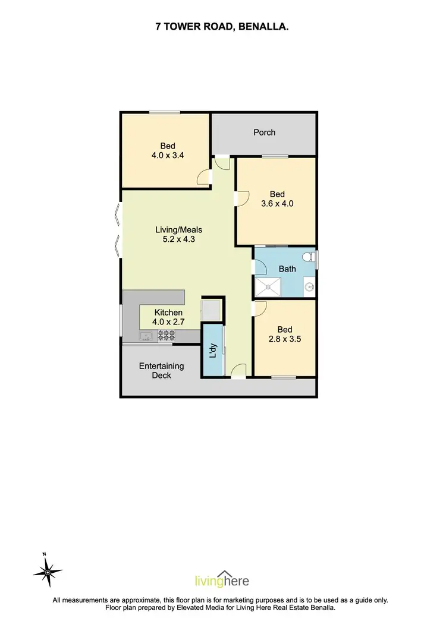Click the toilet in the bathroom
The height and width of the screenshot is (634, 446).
pos(307,257)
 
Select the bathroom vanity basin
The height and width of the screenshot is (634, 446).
pos(309,287)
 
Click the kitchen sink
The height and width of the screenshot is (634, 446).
pos(146,337)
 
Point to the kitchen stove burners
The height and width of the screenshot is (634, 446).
pos(166,336)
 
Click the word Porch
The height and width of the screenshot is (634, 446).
pos(264,133)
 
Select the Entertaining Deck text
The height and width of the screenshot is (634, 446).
pos(162,371)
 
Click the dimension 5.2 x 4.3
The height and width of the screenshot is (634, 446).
pos(175,239)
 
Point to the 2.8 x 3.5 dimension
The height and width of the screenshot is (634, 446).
pos(285,340)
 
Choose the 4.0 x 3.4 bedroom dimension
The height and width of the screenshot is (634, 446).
pos(167,156)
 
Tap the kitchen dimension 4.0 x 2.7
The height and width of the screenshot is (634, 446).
pos(168,322)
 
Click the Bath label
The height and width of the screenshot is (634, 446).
pos(287,269)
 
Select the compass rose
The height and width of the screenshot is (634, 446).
pos(46,572)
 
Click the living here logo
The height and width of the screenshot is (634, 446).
pos(222,581)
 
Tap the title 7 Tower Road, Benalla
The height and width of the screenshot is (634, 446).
pos(223,26)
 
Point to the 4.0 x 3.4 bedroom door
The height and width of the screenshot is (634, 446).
pos(203,176)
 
